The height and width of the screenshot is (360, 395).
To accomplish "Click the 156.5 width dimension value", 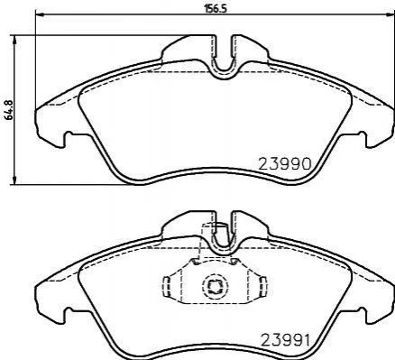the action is (x=215, y=8).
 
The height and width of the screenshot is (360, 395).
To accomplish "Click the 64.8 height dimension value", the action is (x=9, y=110).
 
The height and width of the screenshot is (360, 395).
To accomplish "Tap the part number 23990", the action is (x=284, y=164).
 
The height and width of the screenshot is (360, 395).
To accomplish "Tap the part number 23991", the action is (x=286, y=340).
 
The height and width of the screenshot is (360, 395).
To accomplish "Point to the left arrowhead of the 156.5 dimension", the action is (x=40, y=14).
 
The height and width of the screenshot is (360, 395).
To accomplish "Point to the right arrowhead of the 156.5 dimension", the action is (x=390, y=14).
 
